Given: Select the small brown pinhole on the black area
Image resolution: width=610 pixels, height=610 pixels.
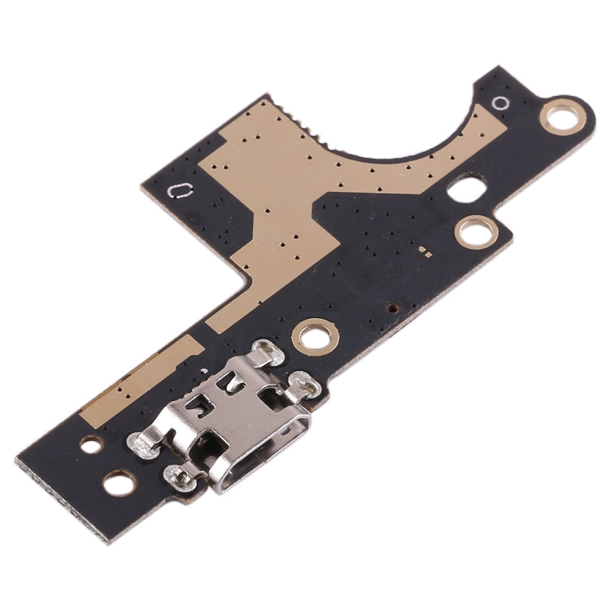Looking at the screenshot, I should [394, 308].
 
